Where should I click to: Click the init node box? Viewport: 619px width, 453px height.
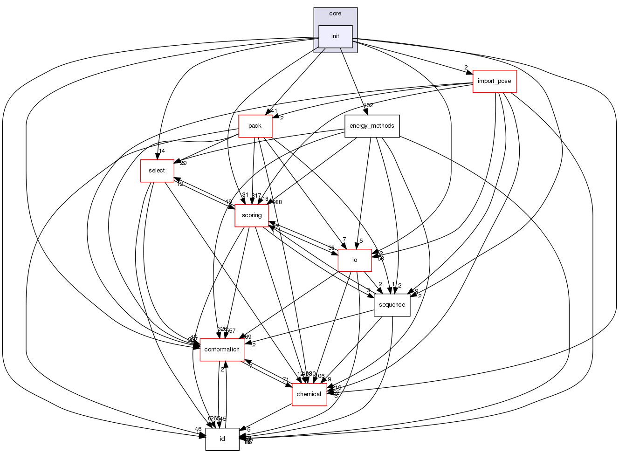[x=335, y=36]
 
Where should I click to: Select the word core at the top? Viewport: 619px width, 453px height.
[x=335, y=14]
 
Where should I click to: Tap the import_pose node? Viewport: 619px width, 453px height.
[x=494, y=81]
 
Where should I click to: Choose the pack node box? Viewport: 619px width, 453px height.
[x=255, y=126]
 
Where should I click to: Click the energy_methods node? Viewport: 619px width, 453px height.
[x=372, y=126]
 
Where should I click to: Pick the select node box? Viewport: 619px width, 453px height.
[x=157, y=171]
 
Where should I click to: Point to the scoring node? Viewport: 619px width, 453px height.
[x=252, y=215]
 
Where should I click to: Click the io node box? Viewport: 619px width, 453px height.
[x=354, y=260]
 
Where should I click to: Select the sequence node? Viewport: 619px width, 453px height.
[x=392, y=305]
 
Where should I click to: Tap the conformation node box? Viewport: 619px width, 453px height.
[x=222, y=350]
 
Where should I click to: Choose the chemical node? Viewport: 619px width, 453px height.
[x=309, y=394]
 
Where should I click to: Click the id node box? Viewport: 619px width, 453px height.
[x=222, y=439]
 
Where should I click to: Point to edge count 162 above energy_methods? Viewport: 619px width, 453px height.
[x=368, y=105]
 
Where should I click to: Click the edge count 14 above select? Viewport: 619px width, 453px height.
[x=162, y=151]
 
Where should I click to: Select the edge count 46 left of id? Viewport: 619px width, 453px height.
[x=198, y=429]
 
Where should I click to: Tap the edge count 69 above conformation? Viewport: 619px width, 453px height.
[x=248, y=337]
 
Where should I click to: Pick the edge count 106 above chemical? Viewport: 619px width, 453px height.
[x=320, y=376]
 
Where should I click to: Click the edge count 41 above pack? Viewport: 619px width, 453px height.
[x=274, y=111]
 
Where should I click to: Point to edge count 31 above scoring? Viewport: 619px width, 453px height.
[x=245, y=195]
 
